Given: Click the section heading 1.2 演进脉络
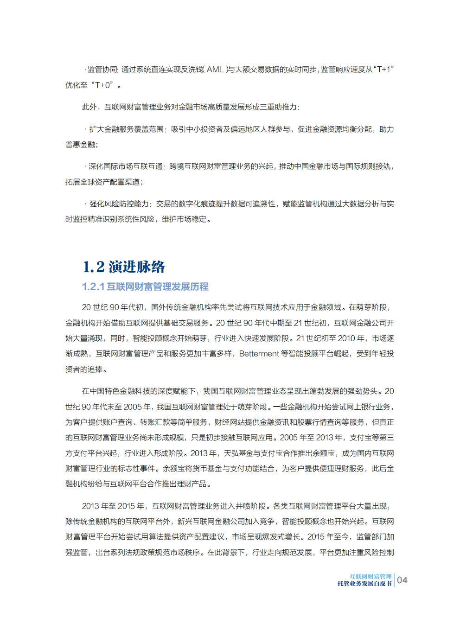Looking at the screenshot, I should tap(124, 267).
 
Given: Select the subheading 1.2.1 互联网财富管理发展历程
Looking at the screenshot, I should tap(145, 287).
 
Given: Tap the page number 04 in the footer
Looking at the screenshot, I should tap(402, 580).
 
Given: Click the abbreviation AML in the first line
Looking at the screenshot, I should tap(215, 70).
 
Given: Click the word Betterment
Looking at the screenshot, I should tap(259, 354).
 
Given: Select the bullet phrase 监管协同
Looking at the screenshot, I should tap(102, 70).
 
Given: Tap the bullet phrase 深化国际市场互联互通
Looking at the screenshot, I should tap(126, 166).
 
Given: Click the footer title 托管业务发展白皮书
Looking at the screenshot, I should tap(364, 584).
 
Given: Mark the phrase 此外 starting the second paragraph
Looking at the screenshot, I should tap(89, 107).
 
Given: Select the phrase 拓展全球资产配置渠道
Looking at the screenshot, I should tap(102, 182).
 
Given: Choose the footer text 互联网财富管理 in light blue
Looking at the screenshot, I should tap(371, 577).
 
